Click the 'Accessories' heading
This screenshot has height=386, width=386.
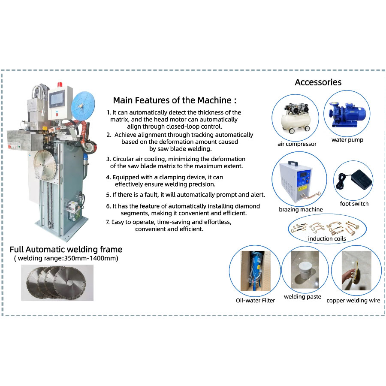(x=318, y=82)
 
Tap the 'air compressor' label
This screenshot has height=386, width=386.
(x=297, y=144)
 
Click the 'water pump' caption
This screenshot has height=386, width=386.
(x=347, y=140)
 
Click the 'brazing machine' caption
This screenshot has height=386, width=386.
(x=301, y=210)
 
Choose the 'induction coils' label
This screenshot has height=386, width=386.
(x=326, y=238)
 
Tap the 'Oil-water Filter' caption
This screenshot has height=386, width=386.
(x=256, y=300)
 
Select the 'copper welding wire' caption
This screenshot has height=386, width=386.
(x=353, y=301)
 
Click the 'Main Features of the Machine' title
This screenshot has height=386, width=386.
(x=175, y=100)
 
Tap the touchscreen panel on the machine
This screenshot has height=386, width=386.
(x=58, y=100)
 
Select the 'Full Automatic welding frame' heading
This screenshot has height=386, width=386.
(x=66, y=249)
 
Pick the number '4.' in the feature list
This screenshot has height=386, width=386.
(x=109, y=177)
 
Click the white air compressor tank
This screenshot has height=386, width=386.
(x=293, y=122)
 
